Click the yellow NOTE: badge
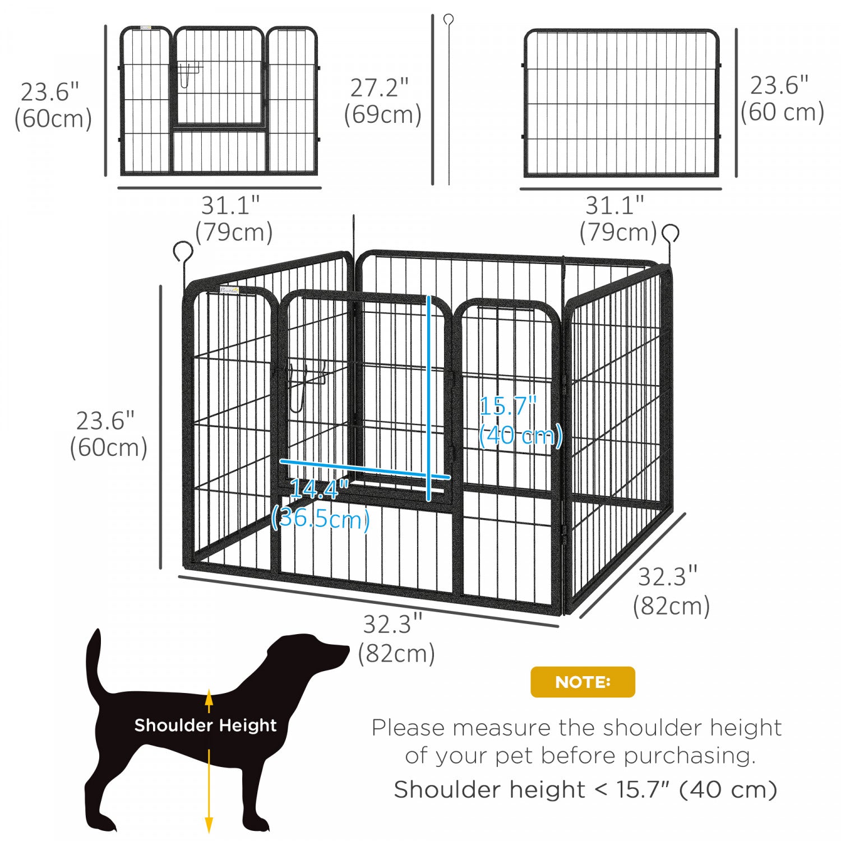pyautogui.click(x=583, y=682)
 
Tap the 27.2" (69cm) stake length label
pyautogui.click(x=382, y=101)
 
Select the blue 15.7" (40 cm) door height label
pyautogui.click(x=520, y=420)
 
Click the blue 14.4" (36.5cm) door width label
pyautogui.click(x=320, y=504)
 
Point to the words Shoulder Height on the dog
pyautogui.click(x=205, y=725)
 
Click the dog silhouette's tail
pyautogui.click(x=94, y=662)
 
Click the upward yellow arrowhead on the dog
pyautogui.click(x=209, y=698)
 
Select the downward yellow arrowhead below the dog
pyautogui.click(x=209, y=824)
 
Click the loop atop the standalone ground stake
pyautogui.click(x=448, y=20)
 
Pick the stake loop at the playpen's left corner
pyautogui.click(x=183, y=252)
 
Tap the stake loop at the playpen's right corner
pyautogui.click(x=671, y=233)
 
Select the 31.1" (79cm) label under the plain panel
pyautogui.click(x=617, y=219)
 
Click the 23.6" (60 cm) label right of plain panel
pyautogui.click(x=782, y=99)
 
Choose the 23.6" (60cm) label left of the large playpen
pyautogui.click(x=108, y=434)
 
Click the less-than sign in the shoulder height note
pyautogui.click(x=600, y=789)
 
